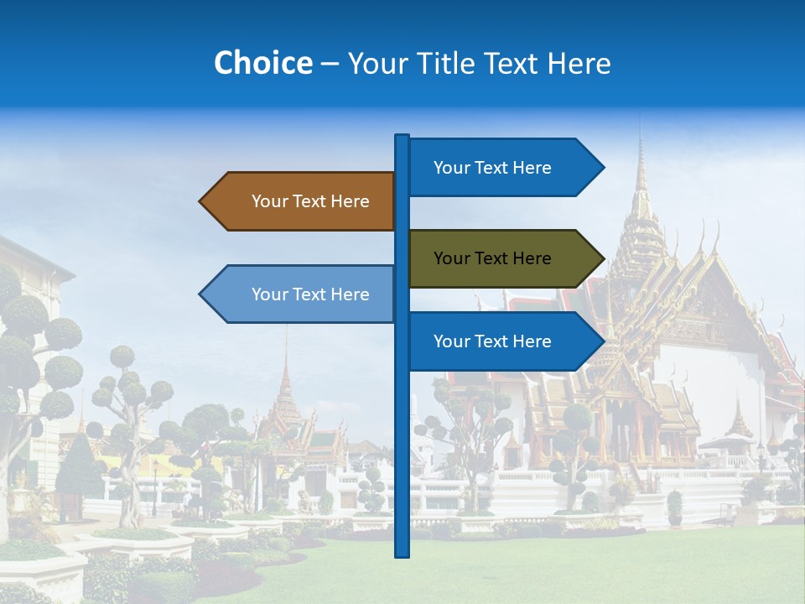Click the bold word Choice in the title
point(262,63)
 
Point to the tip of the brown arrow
point(201,201)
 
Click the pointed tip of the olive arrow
point(602,258)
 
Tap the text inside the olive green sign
point(492,258)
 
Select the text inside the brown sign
point(310,201)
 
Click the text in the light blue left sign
point(310,294)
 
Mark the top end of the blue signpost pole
point(402,137)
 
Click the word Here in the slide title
point(579,63)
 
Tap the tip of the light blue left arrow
point(201,294)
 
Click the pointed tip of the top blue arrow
point(602,167)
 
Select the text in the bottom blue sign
point(492,341)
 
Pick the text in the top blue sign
point(492,168)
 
